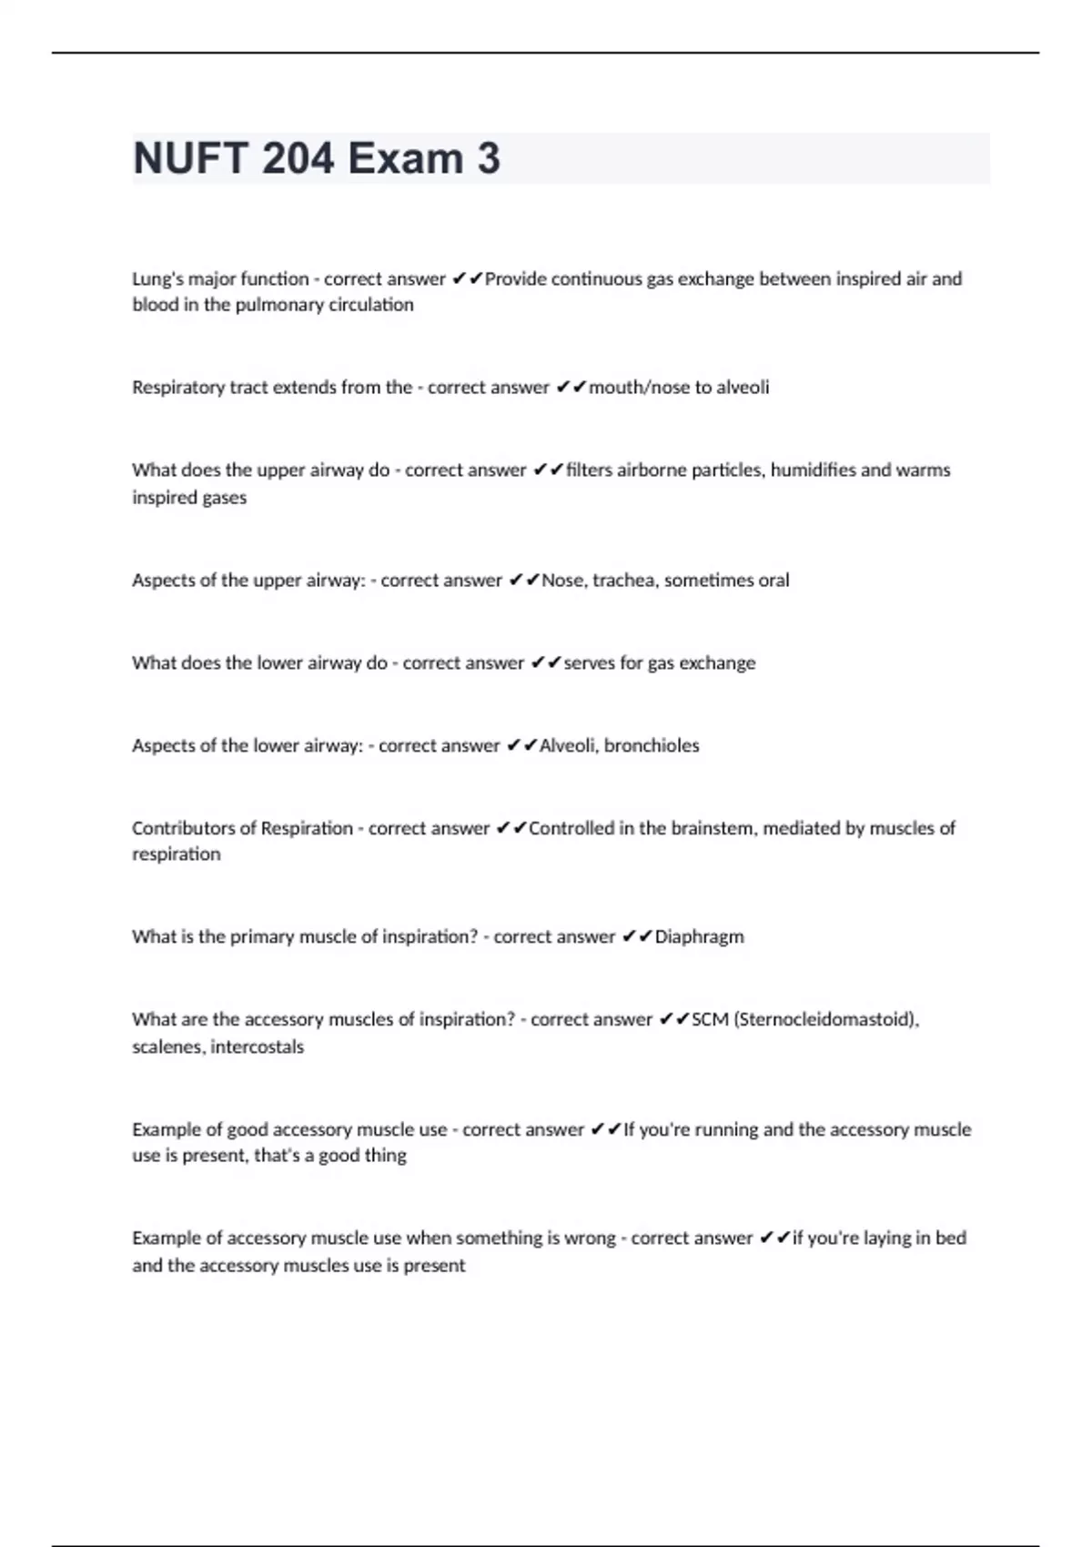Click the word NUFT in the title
[x=190, y=158]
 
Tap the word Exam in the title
[x=406, y=158]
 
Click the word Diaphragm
[x=699, y=936]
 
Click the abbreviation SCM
[x=710, y=1019]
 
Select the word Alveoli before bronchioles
[x=568, y=745]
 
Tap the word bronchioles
[x=652, y=745]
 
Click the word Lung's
[x=157, y=278]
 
